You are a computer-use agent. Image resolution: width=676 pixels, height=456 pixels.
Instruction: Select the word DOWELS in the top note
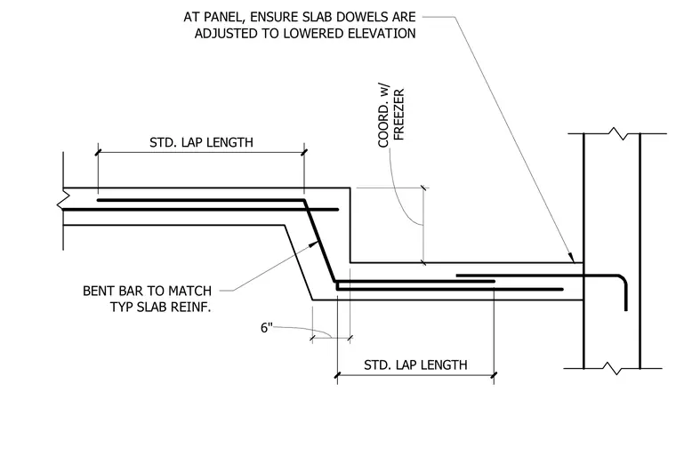pyautogui.click(x=311, y=17)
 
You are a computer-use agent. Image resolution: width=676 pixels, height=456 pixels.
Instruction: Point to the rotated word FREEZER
pyautogui.click(x=399, y=115)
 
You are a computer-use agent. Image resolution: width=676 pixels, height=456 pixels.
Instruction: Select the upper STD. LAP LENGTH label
pyautogui.click(x=201, y=142)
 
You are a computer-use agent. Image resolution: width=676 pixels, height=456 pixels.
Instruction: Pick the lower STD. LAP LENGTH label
pyautogui.click(x=415, y=365)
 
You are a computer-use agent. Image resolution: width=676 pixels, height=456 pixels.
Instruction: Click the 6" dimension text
pyautogui.click(x=267, y=328)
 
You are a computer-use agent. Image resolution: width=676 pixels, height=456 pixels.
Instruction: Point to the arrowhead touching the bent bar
pyautogui.click(x=314, y=244)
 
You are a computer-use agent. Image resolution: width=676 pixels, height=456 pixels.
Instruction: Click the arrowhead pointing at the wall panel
pyautogui.click(x=571, y=257)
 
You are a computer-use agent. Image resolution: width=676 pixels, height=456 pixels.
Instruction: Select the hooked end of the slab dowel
pyautogui.click(x=623, y=289)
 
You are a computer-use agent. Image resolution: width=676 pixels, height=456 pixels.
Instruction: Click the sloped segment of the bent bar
pyautogui.click(x=320, y=241)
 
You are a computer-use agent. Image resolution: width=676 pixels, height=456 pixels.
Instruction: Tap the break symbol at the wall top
pyautogui.click(x=619, y=133)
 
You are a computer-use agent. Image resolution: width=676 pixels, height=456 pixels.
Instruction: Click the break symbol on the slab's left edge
pyautogui.click(x=63, y=200)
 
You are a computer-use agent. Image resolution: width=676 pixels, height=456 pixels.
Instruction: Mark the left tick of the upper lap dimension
pyautogui.click(x=99, y=152)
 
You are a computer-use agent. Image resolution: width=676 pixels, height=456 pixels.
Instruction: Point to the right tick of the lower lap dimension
pyautogui.click(x=494, y=375)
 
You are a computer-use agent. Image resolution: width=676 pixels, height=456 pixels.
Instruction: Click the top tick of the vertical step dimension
pyautogui.click(x=423, y=188)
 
